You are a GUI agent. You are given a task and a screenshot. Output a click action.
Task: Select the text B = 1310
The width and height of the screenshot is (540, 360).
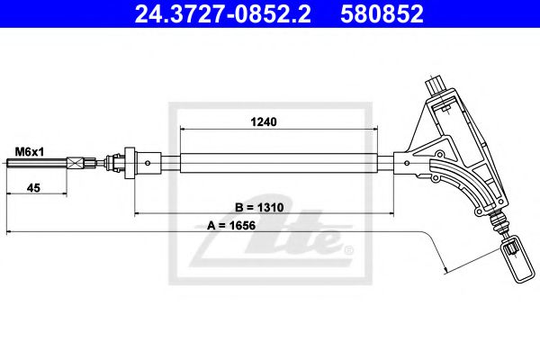click(x=265, y=204)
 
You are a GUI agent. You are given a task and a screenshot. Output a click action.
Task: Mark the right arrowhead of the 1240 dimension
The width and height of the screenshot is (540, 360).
click(x=390, y=128)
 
